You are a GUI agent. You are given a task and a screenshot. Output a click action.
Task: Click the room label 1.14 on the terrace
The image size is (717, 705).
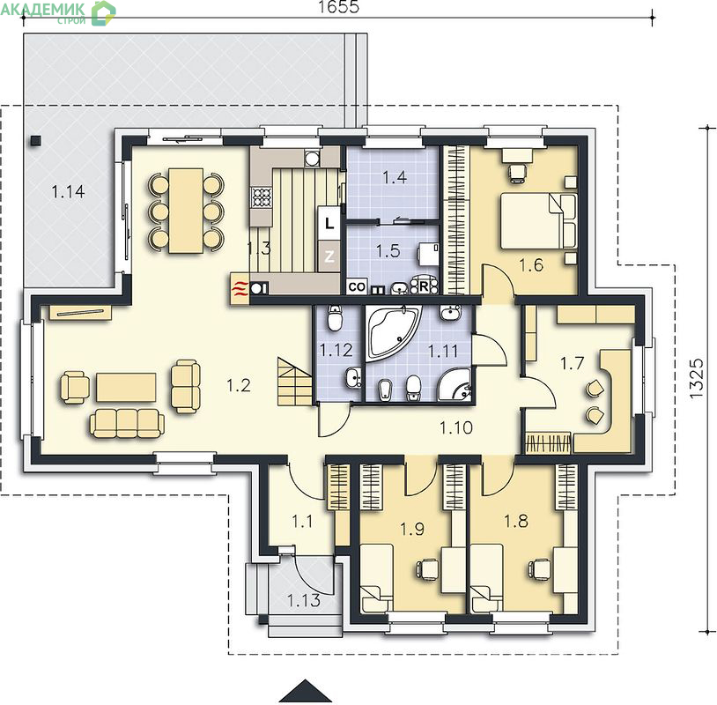point(68,191)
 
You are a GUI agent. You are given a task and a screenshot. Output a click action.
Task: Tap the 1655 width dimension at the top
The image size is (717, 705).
point(338,7)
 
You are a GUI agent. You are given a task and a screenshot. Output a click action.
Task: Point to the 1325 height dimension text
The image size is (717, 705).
point(696,378)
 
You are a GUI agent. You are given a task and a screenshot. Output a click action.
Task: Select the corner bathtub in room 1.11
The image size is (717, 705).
point(393,333)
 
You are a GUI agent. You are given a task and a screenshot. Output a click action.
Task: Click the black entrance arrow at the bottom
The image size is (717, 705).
point(306,692)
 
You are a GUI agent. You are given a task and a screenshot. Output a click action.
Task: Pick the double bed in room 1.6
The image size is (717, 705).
point(539,220)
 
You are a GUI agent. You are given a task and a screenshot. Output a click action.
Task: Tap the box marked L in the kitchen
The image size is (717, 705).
point(329,224)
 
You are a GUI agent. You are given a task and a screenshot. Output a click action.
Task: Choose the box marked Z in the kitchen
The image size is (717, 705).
point(329,256)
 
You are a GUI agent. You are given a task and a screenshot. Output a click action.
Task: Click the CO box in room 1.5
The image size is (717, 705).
point(357,287)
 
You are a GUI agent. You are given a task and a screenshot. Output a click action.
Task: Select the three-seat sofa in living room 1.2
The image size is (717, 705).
point(127,423)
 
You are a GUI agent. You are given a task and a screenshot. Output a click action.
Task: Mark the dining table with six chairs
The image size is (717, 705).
point(186,210)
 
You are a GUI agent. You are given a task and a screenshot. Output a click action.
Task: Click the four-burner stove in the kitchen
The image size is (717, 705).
point(262,197)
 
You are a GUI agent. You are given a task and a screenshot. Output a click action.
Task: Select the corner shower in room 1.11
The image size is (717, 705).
point(455,385)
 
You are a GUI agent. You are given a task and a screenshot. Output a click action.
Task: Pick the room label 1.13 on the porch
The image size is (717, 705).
point(304,600)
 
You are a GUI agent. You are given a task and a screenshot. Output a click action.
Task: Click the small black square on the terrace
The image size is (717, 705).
point(35,141)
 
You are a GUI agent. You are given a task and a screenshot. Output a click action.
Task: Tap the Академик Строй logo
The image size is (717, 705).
point(58,12)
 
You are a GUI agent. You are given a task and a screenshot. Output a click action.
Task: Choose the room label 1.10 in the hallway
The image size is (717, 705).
point(456,427)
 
